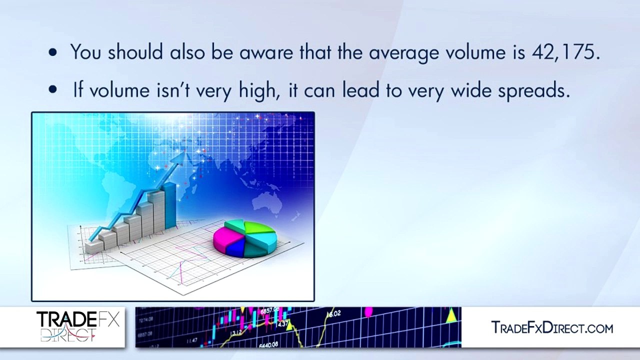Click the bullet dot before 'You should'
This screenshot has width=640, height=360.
(53, 53)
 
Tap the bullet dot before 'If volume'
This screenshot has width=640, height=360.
(53, 90)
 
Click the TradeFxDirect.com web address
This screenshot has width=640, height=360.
(552, 328)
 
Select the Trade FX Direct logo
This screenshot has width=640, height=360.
(78, 326)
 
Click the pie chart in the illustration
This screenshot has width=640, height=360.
(244, 238)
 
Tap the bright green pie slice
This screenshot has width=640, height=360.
(259, 227)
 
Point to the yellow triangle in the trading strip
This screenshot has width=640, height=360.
(451, 315)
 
